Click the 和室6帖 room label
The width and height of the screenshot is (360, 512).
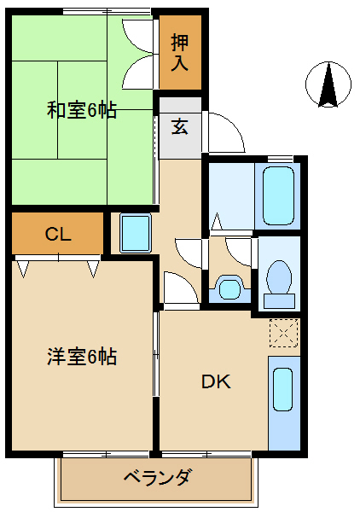[82, 110]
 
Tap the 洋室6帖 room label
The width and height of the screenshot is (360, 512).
[82, 357]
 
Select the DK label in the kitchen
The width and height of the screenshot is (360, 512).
[215, 381]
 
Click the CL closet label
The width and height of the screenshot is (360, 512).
[58, 235]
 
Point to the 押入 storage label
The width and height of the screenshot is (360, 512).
[180, 52]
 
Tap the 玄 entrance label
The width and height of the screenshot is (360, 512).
[180, 127]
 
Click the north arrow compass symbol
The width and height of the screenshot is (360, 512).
[328, 85]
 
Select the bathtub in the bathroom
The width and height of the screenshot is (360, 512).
[277, 195]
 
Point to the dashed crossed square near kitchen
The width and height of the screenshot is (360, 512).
[282, 332]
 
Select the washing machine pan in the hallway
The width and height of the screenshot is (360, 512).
[134, 233]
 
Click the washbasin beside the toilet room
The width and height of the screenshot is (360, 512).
[229, 287]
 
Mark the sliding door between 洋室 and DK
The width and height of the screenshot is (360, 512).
[155, 354]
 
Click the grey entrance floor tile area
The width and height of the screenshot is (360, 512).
[180, 141]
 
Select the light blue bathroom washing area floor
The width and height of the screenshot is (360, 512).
[230, 195]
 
